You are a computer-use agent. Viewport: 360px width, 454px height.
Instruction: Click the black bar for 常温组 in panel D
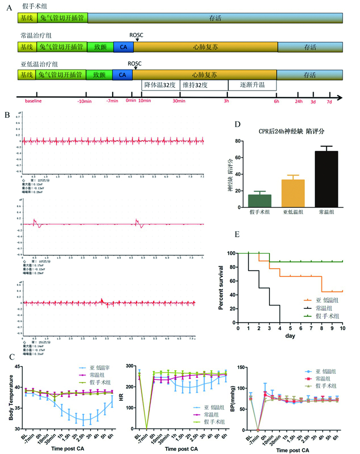tap(319, 180)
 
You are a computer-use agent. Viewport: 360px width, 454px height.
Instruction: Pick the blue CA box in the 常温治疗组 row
tap(122, 46)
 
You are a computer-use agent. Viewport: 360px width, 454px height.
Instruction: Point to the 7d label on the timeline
tap(330, 100)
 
